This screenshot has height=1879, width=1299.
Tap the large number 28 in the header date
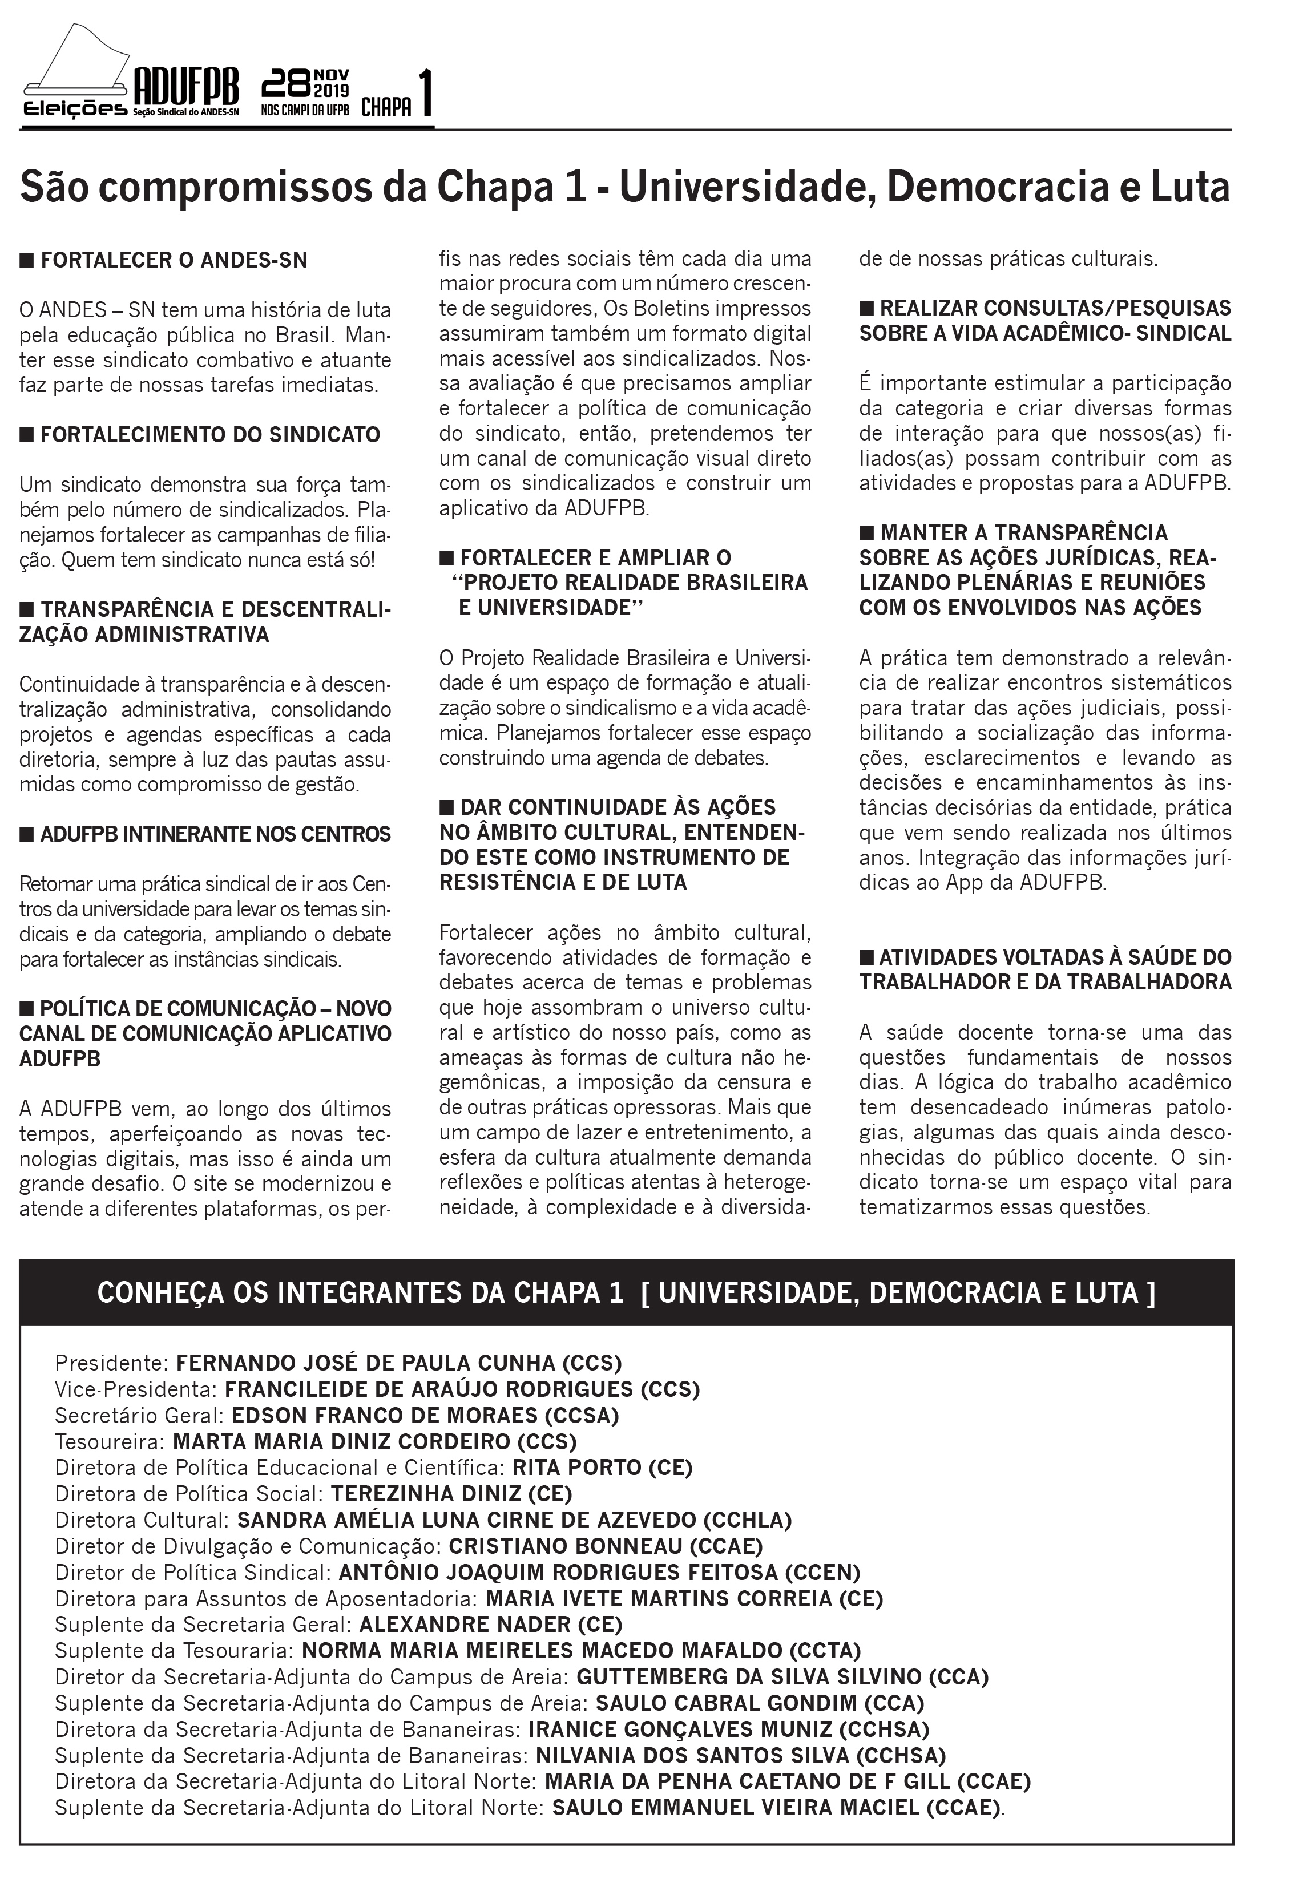point(287,84)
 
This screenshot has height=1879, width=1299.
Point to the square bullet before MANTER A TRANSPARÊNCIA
point(867,533)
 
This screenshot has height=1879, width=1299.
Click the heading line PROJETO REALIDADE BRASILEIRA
point(630,583)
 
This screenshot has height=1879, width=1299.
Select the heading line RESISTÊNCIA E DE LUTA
point(563,882)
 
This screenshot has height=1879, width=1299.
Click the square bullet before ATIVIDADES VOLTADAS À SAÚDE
point(867,957)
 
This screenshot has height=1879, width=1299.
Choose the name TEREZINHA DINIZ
point(426,1493)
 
